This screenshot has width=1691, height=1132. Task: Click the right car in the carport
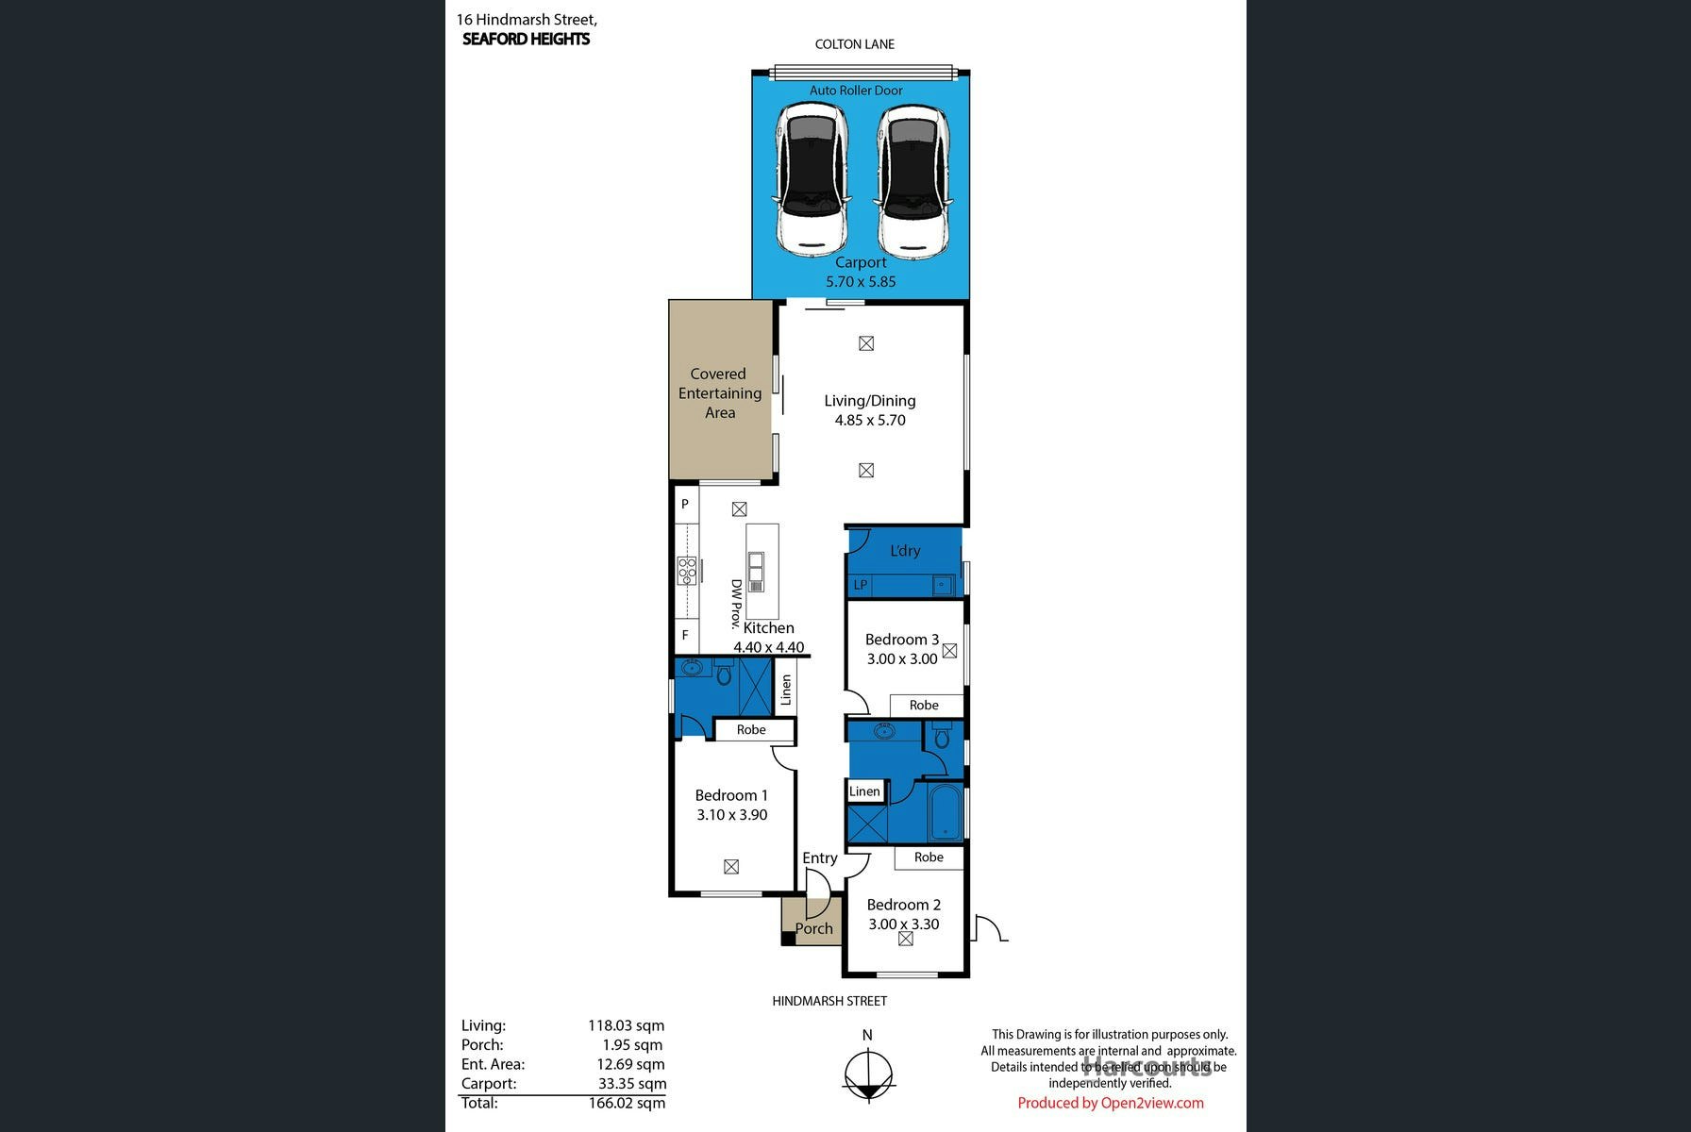coord(912,181)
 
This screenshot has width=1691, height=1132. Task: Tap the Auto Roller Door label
coord(856,91)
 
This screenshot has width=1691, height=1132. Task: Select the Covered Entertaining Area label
coord(720,393)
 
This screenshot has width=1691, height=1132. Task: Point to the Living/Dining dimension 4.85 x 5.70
coord(870,421)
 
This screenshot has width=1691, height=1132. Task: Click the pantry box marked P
coord(686,505)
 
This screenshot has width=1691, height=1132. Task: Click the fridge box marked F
coord(686,635)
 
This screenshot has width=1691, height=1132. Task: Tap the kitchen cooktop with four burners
coord(687,571)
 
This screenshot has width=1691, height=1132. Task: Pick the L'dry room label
coord(905,551)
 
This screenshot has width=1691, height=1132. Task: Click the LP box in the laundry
coord(860,585)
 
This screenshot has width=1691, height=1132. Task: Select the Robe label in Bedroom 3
coord(925,706)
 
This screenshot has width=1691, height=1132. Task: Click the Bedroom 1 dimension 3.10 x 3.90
coord(732,815)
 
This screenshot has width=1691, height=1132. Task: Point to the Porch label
coord(814,929)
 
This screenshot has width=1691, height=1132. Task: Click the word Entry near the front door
coord(820,858)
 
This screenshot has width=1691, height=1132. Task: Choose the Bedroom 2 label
coord(904,905)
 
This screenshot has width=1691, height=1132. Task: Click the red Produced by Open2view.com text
coord(1111,1103)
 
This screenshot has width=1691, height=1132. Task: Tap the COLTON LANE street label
coord(855,44)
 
